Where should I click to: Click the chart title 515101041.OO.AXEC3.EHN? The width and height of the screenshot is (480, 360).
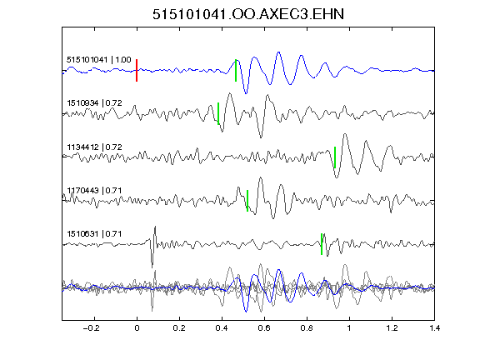tap(248, 14)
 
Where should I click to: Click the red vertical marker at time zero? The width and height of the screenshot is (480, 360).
tap(137, 70)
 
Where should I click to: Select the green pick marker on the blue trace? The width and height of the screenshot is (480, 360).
tap(236, 70)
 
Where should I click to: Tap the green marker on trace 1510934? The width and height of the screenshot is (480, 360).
tap(218, 113)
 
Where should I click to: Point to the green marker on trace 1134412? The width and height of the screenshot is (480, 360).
tap(335, 157)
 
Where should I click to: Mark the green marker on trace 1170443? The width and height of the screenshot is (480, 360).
tap(247, 201)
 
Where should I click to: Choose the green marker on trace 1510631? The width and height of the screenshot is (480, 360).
tap(322, 244)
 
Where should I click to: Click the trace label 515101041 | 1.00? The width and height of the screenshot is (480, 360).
tap(99, 59)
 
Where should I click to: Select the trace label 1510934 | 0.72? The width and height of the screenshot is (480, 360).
tap(94, 103)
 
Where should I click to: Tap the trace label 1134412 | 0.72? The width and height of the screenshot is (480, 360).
tap(94, 147)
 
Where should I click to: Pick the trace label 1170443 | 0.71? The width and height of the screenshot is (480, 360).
tap(94, 190)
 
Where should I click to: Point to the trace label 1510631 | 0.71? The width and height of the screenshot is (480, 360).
tap(94, 234)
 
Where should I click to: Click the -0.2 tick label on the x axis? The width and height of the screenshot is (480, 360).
tap(91, 328)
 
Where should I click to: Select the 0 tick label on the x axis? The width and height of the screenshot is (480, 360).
tap(137, 328)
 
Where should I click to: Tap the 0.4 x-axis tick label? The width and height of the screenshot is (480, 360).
tap(222, 328)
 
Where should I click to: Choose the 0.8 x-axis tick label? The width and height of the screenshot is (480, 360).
tap(307, 328)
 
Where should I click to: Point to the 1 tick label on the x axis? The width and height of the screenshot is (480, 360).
tap(349, 328)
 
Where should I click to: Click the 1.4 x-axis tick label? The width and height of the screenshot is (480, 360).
tap(434, 328)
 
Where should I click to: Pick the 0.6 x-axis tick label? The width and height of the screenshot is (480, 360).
tap(264, 328)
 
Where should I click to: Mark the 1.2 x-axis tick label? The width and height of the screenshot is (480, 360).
tap(392, 328)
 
